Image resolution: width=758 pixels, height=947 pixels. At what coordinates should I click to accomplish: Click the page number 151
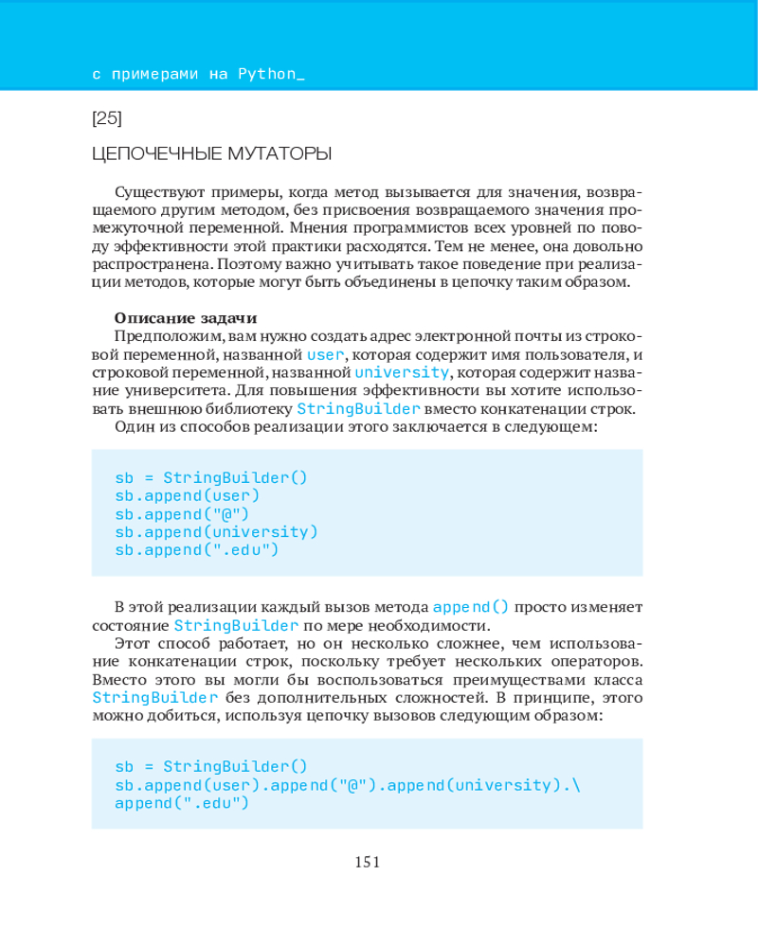[367, 862]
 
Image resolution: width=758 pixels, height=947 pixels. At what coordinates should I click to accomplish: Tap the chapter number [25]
[107, 118]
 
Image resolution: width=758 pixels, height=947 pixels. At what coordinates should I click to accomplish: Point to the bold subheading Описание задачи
[186, 317]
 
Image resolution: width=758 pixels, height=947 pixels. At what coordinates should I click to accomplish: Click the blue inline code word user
[326, 354]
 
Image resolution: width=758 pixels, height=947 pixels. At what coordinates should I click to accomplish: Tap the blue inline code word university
[402, 372]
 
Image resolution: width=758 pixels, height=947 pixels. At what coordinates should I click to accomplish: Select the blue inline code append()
[471, 606]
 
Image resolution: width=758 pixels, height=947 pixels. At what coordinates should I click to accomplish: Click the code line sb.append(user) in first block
[188, 495]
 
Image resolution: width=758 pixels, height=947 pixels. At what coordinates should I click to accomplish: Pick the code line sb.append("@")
[182, 513]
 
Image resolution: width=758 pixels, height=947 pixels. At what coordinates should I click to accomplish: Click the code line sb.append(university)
[217, 531]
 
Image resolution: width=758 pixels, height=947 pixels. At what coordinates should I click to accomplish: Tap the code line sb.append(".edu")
[197, 549]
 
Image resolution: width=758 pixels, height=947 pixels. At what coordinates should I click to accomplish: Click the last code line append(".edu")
[182, 803]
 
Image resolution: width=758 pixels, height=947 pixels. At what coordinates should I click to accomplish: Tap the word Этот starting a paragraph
[131, 643]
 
